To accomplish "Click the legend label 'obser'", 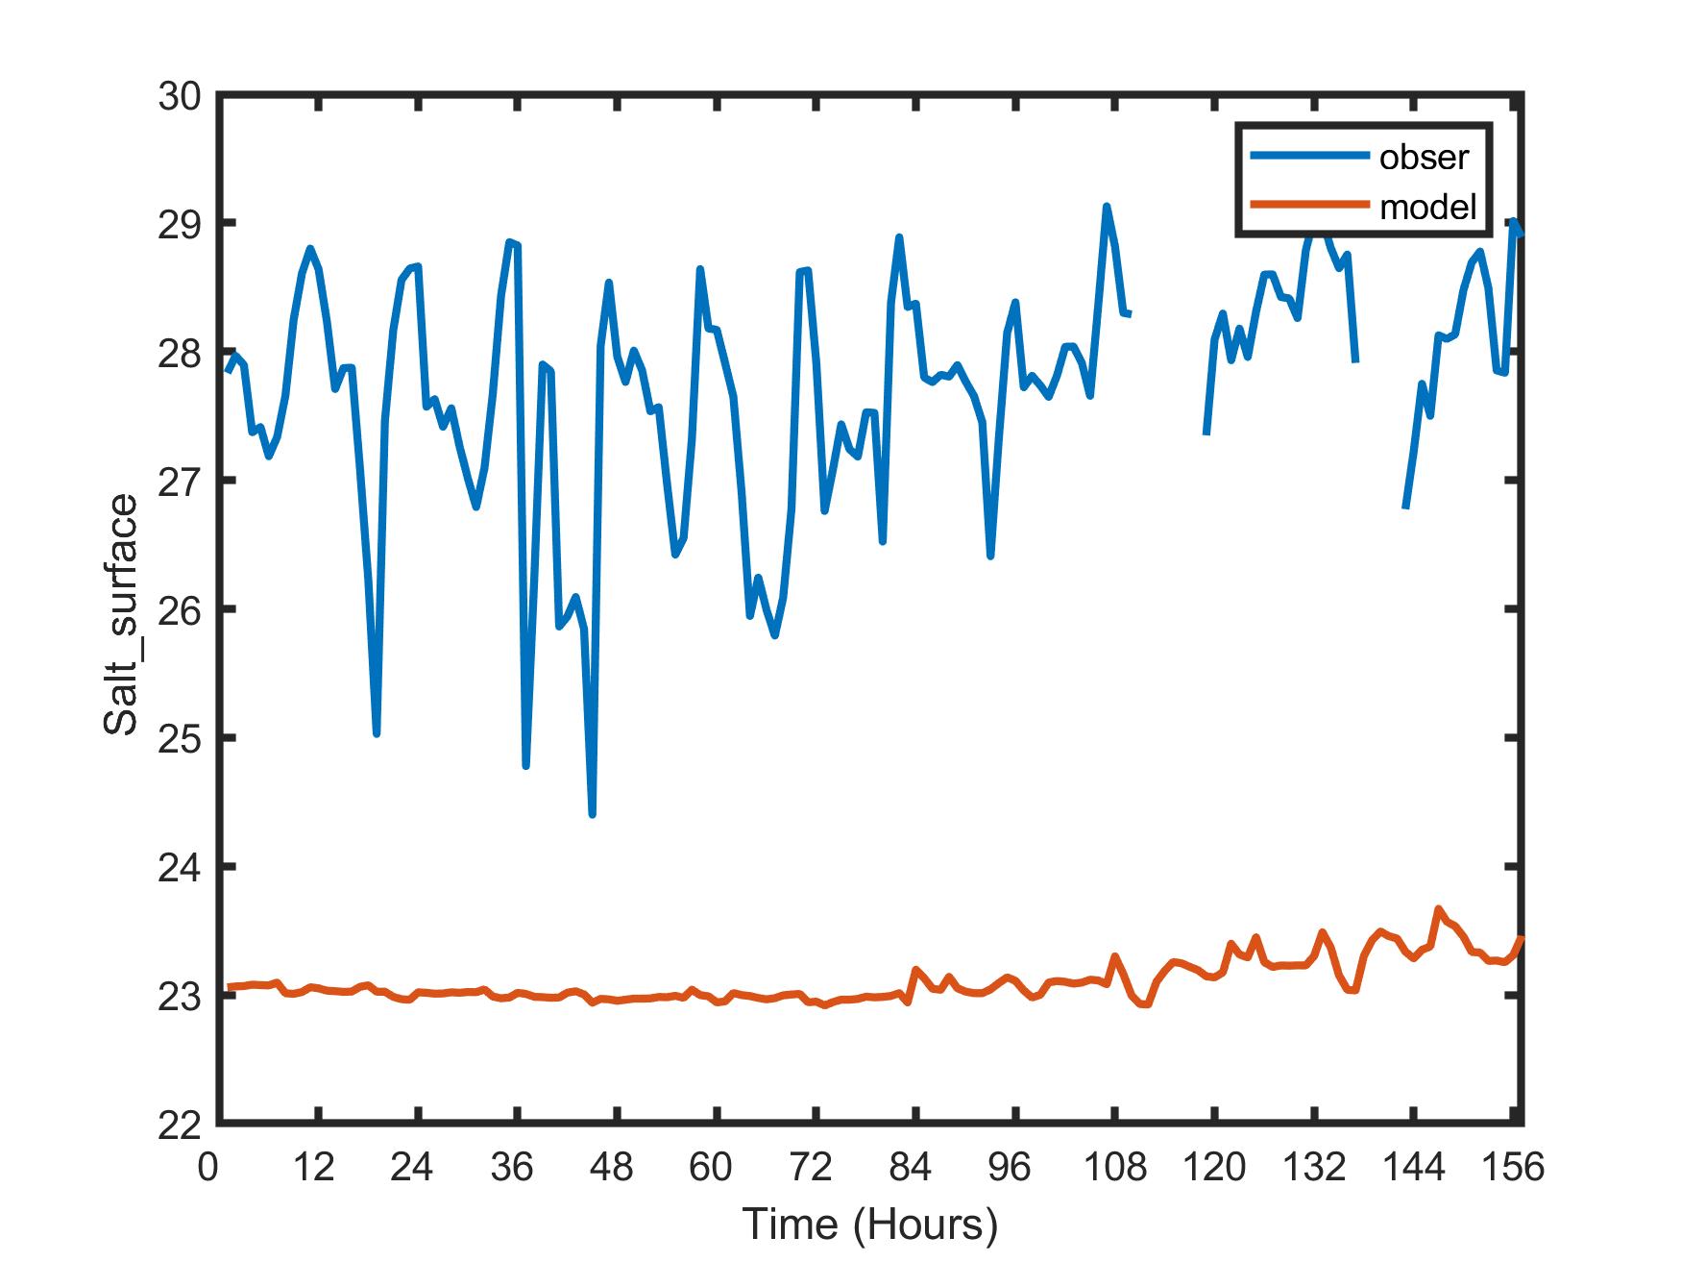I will (1424, 157).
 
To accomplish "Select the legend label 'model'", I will (1427, 207).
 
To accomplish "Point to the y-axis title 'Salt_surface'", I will (122, 615).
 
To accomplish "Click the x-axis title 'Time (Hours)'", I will (870, 1224).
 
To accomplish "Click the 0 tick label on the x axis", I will (207, 1168).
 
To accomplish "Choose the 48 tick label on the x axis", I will (609, 1168).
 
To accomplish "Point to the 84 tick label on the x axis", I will (910, 1168).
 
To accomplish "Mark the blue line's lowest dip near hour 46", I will (593, 814).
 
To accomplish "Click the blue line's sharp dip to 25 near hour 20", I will (377, 733).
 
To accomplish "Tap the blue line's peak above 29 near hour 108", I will (1107, 207).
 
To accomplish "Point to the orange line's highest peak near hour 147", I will (1438, 909).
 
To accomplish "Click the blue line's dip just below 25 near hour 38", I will (526, 765).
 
